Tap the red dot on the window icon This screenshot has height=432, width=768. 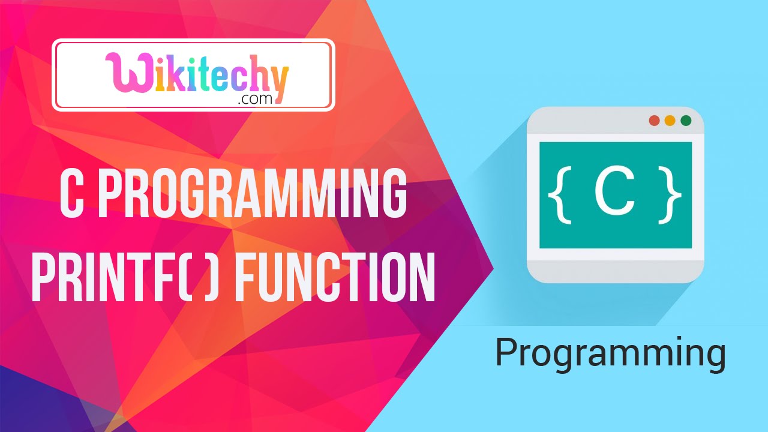click(x=654, y=121)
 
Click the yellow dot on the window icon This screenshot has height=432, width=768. click(x=670, y=121)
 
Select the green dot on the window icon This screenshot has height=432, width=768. click(x=686, y=121)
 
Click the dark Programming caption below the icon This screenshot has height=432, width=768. click(x=610, y=354)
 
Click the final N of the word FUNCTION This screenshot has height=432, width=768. click(x=420, y=277)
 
